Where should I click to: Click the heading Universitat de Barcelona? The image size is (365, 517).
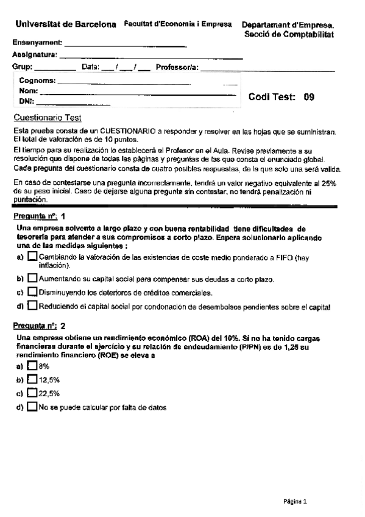[x=65, y=24]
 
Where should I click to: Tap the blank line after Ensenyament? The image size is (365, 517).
[x=125, y=45]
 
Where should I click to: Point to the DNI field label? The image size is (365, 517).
[x=26, y=101]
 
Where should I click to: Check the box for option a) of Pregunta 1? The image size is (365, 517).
[x=32, y=258]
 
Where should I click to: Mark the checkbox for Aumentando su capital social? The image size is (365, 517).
[x=32, y=279]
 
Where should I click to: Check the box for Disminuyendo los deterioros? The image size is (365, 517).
[x=32, y=292]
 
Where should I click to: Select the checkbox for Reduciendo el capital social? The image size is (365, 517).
[x=32, y=306]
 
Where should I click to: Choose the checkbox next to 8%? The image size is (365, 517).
[x=32, y=366]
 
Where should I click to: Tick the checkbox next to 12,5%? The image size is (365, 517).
[x=32, y=380]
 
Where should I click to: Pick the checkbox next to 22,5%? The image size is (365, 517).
[x=32, y=393]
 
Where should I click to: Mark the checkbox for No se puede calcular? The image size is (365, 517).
[x=32, y=407]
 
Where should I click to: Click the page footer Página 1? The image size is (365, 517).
[x=296, y=501]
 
